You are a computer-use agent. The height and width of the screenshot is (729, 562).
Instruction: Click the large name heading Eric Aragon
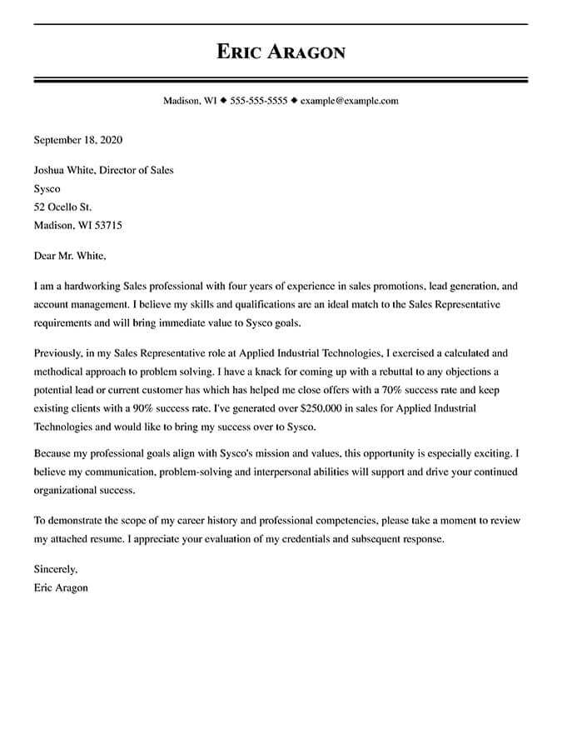click(281, 52)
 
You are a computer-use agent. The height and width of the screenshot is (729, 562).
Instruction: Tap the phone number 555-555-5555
click(258, 101)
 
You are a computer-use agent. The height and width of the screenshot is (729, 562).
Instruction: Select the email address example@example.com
click(349, 101)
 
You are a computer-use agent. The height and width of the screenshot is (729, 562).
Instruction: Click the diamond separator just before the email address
click(294, 101)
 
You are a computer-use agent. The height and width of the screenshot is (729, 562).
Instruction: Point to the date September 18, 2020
click(77, 140)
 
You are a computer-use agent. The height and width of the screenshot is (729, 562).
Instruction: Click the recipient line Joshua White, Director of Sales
click(103, 170)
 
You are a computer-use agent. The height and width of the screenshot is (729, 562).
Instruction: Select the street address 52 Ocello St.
click(62, 207)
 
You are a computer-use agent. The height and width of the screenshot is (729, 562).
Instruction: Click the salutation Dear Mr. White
click(70, 256)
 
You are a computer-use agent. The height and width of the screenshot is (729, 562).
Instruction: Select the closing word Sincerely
click(55, 570)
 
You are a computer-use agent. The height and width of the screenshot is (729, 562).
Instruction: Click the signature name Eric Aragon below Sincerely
click(61, 587)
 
